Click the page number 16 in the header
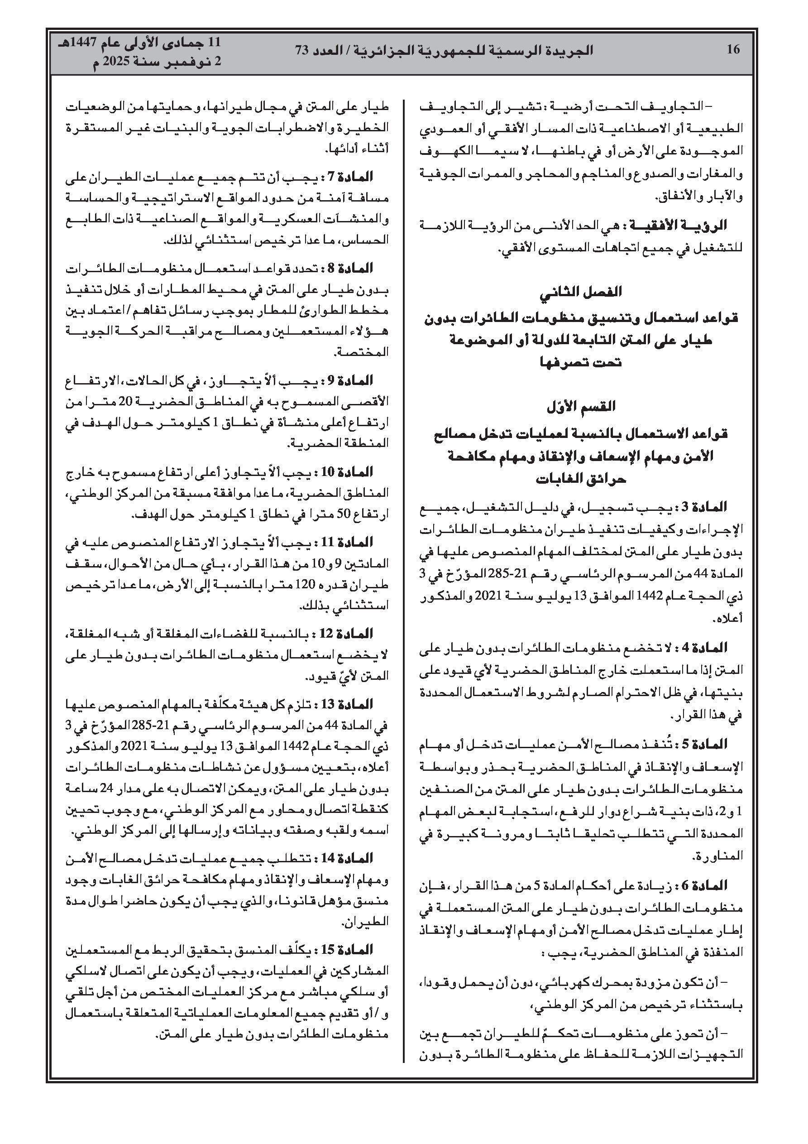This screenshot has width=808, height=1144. coord(733,50)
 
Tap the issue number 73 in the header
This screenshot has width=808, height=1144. coord(302,50)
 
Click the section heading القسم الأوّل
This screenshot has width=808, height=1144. coord(581,406)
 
